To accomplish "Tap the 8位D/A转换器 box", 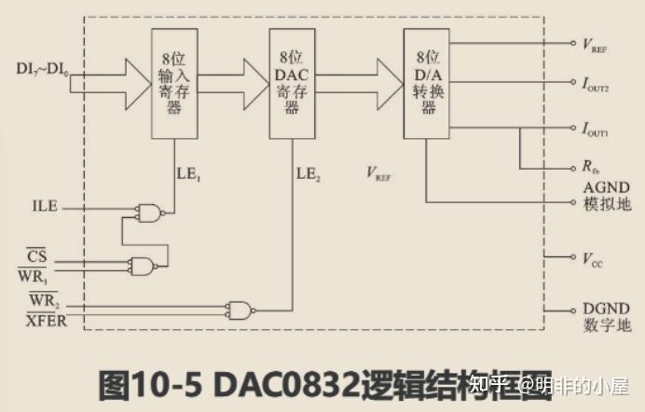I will click(426, 84).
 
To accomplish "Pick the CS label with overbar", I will click(36, 254).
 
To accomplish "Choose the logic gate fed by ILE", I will click(150, 213).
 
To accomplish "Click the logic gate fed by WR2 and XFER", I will click(241, 309).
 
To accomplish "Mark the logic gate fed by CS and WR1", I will click(142, 266).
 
